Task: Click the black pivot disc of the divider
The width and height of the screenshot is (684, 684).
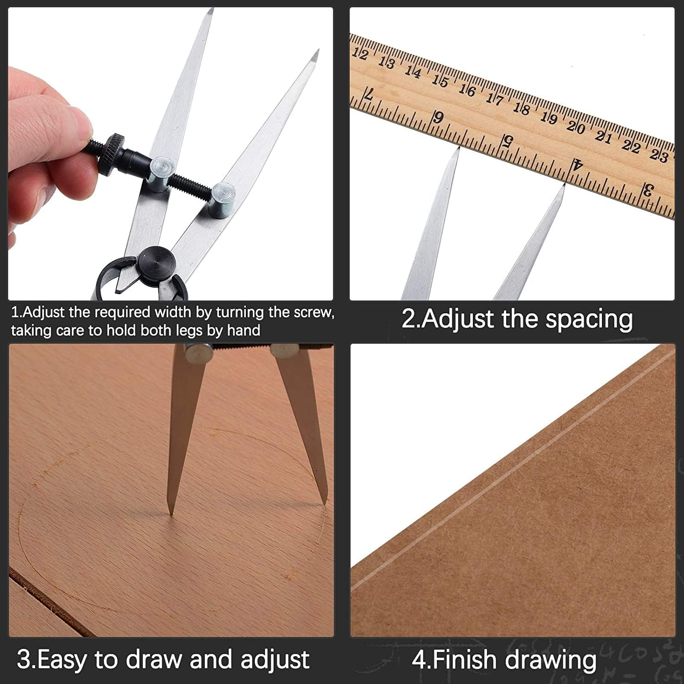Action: (157, 262)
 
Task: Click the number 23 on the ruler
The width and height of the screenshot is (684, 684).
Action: (659, 155)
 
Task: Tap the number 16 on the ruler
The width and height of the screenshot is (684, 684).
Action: (467, 90)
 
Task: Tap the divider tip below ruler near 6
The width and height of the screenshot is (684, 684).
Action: (457, 148)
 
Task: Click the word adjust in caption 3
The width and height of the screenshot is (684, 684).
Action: (275, 659)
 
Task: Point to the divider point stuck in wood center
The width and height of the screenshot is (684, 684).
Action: (171, 513)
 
